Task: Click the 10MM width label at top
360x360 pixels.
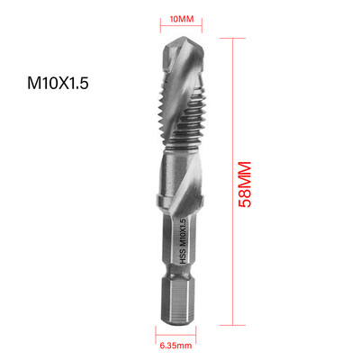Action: (182, 19)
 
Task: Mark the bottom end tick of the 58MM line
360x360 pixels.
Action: (237, 324)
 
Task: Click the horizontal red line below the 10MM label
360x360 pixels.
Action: (182, 31)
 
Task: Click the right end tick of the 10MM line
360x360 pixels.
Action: (199, 31)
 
